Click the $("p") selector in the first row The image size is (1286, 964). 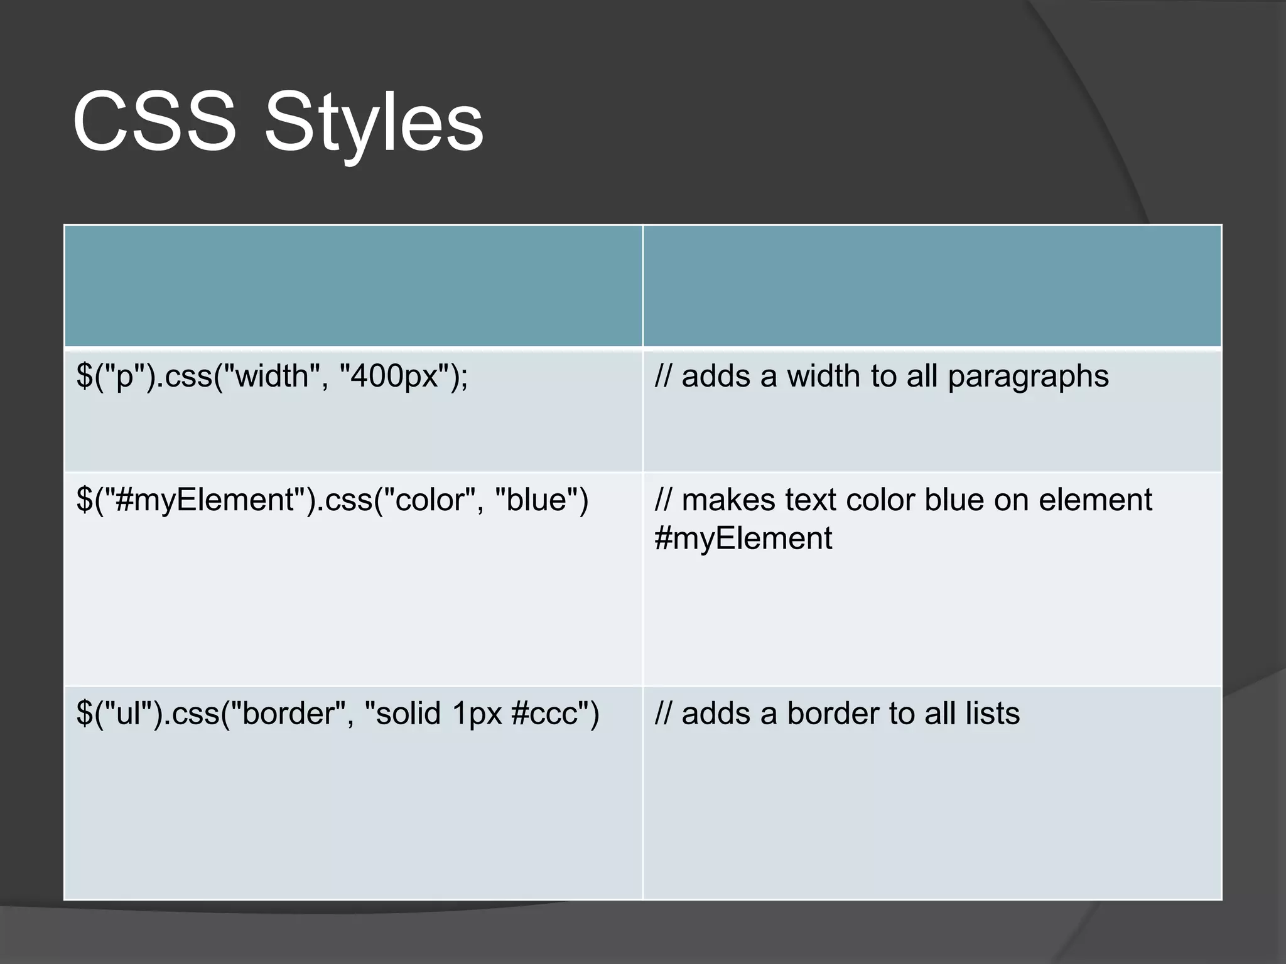tap(112, 377)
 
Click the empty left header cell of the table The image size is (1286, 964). tap(353, 286)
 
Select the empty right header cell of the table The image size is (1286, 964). tap(932, 286)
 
